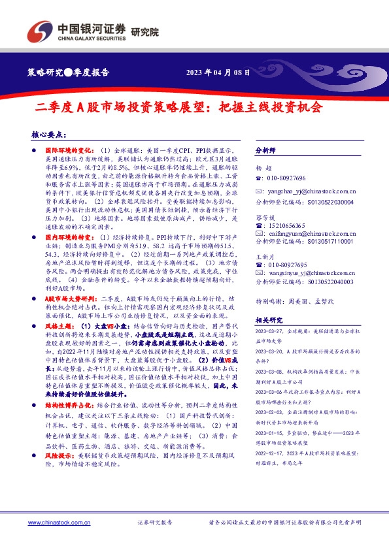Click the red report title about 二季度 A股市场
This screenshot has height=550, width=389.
pos(178,106)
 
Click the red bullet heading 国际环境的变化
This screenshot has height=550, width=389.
pos(68,151)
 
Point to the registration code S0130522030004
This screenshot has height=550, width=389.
pos(329,202)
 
